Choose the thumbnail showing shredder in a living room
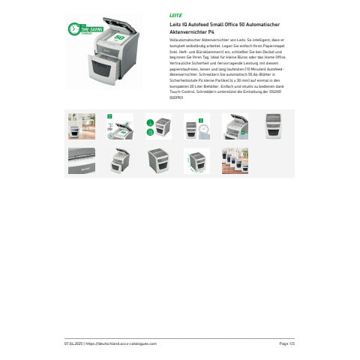81,126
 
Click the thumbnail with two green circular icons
157,126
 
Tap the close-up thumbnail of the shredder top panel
81,160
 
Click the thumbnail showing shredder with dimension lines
196,160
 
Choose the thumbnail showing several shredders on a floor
234,160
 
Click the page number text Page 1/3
286,343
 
